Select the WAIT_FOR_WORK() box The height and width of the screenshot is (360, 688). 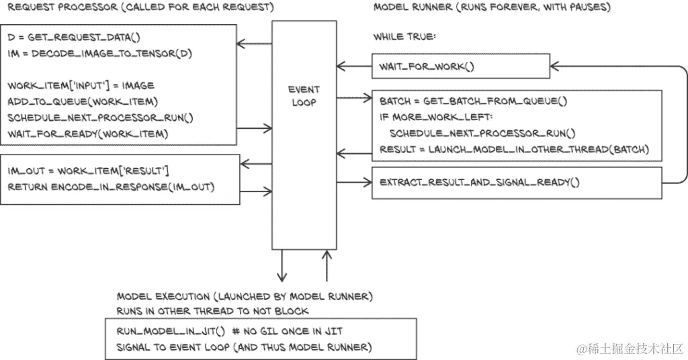[460, 66]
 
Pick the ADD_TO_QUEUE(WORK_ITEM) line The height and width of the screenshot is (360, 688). [82, 101]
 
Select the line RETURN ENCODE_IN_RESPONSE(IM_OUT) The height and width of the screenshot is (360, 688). [111, 186]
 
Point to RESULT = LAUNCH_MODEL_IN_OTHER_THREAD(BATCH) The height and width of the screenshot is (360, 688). [514, 149]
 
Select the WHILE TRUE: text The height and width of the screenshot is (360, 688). [404, 37]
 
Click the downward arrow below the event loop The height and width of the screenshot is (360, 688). [282, 265]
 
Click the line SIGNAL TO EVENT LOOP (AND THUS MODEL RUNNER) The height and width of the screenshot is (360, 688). [243, 347]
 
